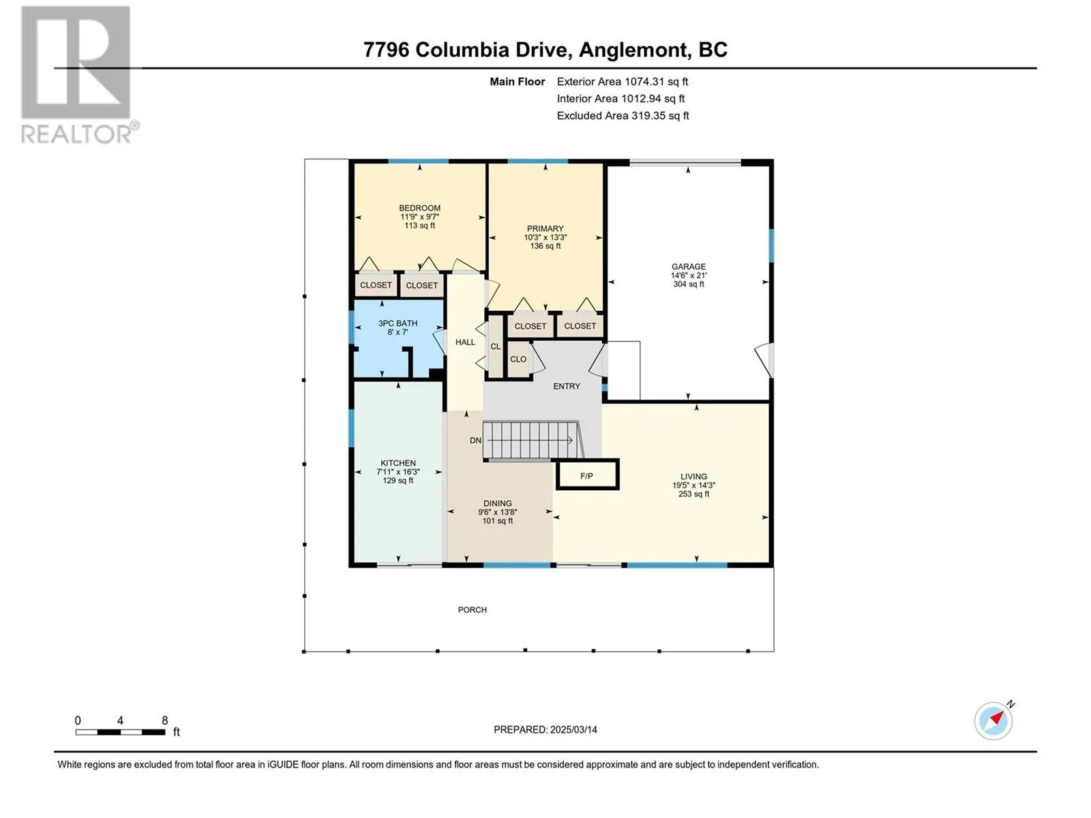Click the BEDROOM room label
pyautogui.click(x=419, y=208)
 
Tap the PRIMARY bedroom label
pyautogui.click(x=545, y=228)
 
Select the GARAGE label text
pyautogui.click(x=689, y=267)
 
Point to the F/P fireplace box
pyautogui.click(x=587, y=475)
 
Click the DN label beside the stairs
pyautogui.click(x=476, y=440)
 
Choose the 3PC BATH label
pyautogui.click(x=398, y=323)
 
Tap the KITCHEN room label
pyautogui.click(x=398, y=463)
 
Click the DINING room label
pyautogui.click(x=498, y=503)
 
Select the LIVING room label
pyautogui.click(x=693, y=476)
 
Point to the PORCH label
pyautogui.click(x=472, y=610)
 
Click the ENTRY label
pyautogui.click(x=567, y=386)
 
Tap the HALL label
pyautogui.click(x=465, y=342)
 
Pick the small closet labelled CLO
pyautogui.click(x=518, y=359)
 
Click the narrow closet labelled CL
pyautogui.click(x=496, y=346)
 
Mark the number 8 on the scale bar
pyautogui.click(x=165, y=720)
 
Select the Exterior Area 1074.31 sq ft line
pyautogui.click(x=623, y=81)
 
